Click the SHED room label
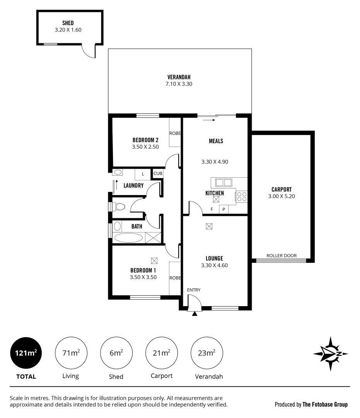tap(68, 23)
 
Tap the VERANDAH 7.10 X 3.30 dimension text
tap(179, 84)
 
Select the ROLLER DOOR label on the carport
tap(281, 255)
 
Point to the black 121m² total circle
tap(26, 353)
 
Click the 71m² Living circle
tap(71, 353)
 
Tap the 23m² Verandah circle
tap(207, 353)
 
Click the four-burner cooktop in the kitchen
tap(242, 197)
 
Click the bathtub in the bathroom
tap(129, 238)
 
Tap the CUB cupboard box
tap(158, 173)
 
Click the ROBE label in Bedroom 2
tap(175, 133)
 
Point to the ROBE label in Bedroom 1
tap(175, 278)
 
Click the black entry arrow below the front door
tap(195, 313)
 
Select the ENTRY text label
tap(194, 290)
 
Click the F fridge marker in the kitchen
tap(212, 209)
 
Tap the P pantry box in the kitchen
tap(224, 209)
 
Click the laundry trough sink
tap(118, 173)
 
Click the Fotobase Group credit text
tap(311, 404)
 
